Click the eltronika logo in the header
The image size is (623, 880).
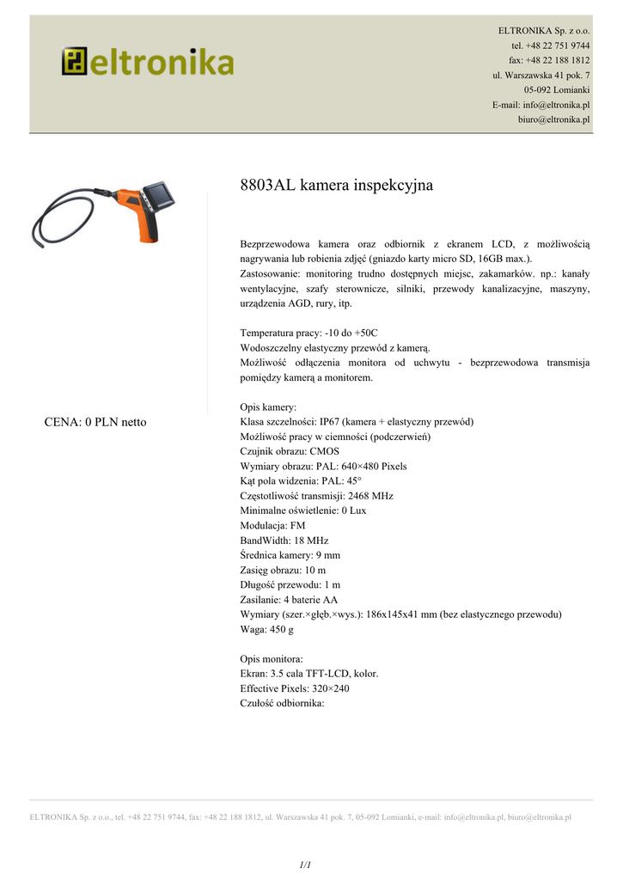(x=147, y=62)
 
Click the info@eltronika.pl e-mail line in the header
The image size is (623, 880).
(x=541, y=105)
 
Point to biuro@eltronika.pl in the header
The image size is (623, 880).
(x=553, y=119)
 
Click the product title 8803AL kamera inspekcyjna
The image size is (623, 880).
(x=336, y=186)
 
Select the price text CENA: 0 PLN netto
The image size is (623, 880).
(x=95, y=422)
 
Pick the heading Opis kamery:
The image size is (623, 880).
(x=268, y=407)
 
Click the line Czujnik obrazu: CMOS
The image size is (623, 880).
(x=290, y=451)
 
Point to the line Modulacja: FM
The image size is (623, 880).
(x=272, y=525)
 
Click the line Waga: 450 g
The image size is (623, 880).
(x=266, y=630)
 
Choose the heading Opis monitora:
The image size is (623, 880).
(x=271, y=659)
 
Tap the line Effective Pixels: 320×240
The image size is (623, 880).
(x=295, y=688)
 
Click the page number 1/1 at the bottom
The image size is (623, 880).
(x=305, y=864)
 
